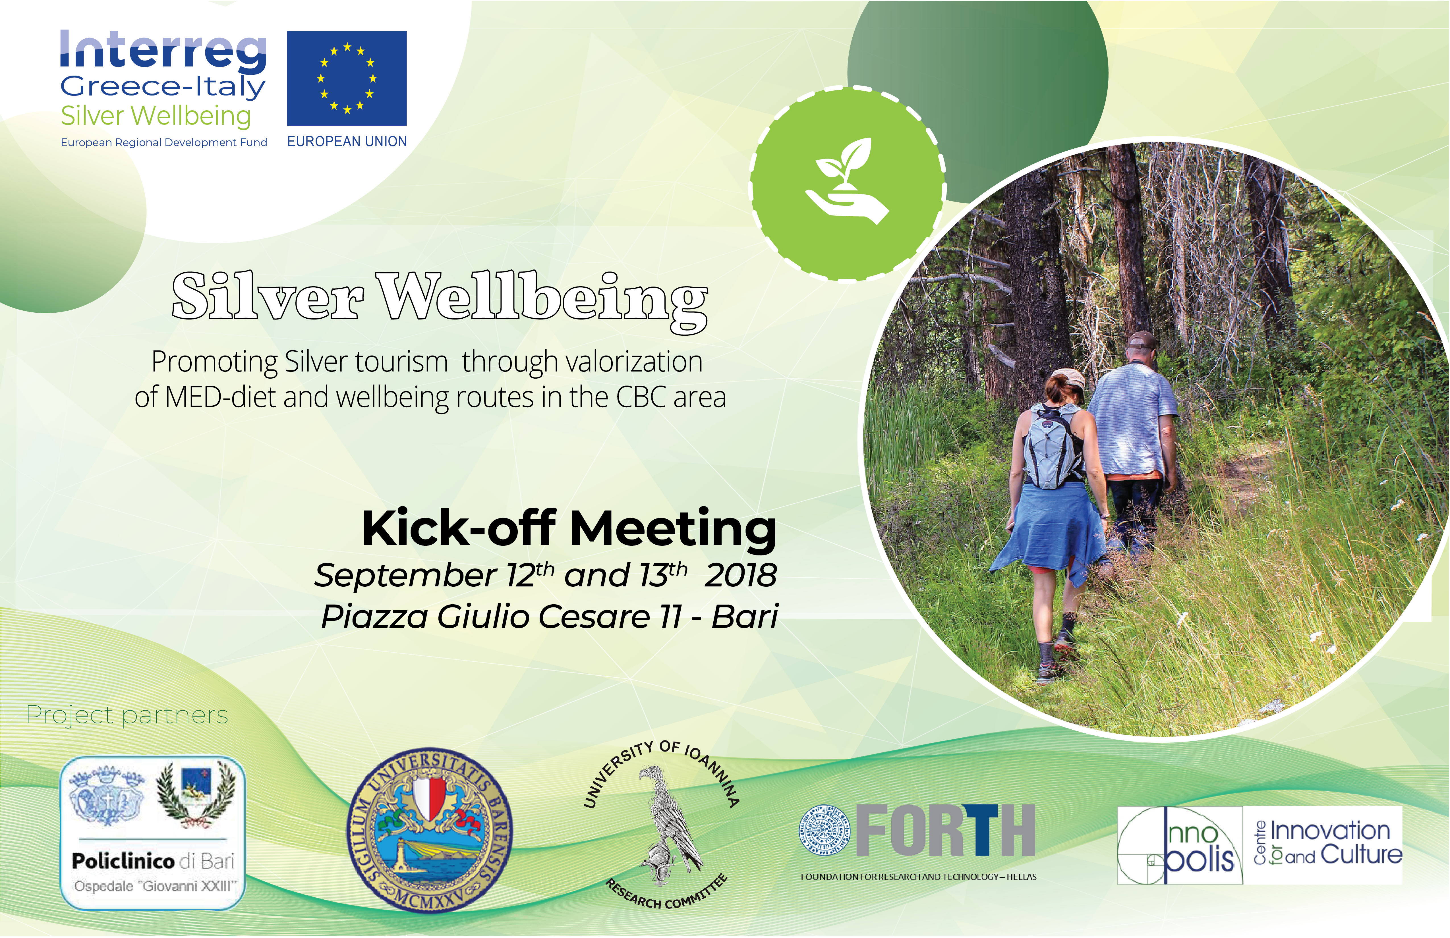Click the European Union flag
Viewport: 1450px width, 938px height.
[x=347, y=78]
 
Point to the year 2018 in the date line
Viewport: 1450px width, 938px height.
[x=740, y=575]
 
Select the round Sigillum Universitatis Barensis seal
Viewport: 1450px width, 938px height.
[x=430, y=831]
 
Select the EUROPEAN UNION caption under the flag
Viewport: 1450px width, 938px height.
[x=347, y=141]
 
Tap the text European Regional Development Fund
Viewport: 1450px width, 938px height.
[x=164, y=142]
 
